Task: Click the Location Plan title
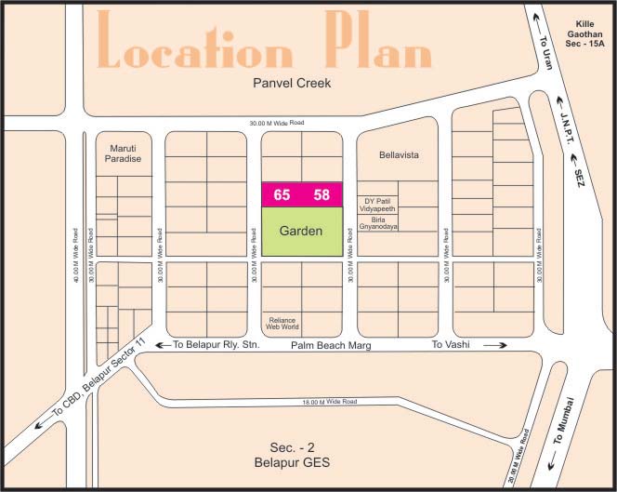[x=265, y=44]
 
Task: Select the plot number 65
[x=282, y=194]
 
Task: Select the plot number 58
[x=322, y=194]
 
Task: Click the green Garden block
[x=302, y=231]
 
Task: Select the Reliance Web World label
[x=282, y=322]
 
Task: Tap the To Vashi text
[x=452, y=345]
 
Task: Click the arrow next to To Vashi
[x=494, y=345]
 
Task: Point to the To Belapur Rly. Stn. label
[x=217, y=345]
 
